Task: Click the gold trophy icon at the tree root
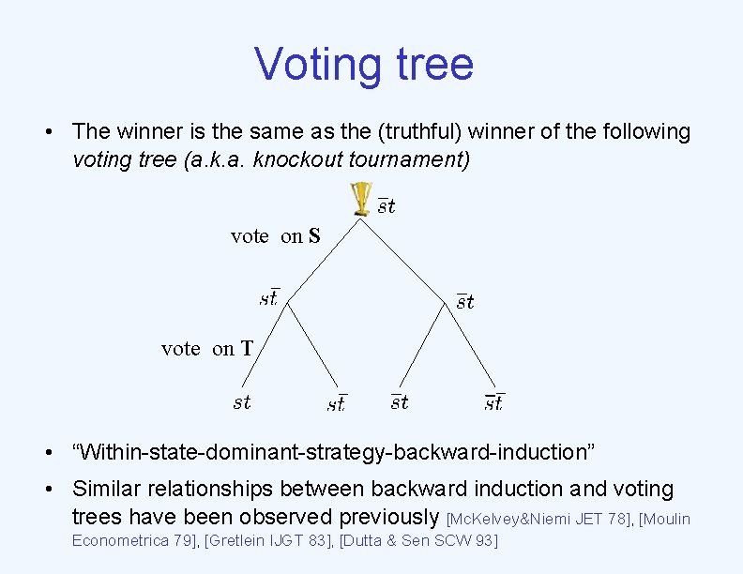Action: [x=361, y=200]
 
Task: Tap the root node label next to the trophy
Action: [x=387, y=206]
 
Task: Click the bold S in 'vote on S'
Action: [x=313, y=236]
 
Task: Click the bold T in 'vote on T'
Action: [x=247, y=349]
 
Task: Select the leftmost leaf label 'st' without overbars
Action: [x=242, y=402]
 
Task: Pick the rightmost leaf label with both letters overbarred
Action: [x=494, y=402]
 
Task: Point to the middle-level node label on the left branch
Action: [x=269, y=298]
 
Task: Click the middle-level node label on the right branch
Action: [x=465, y=301]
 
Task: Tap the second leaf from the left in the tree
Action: [x=337, y=403]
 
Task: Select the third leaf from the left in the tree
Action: [x=400, y=402]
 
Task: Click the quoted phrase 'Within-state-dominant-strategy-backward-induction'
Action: [x=333, y=452]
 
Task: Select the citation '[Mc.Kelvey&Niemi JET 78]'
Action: [x=538, y=518]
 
